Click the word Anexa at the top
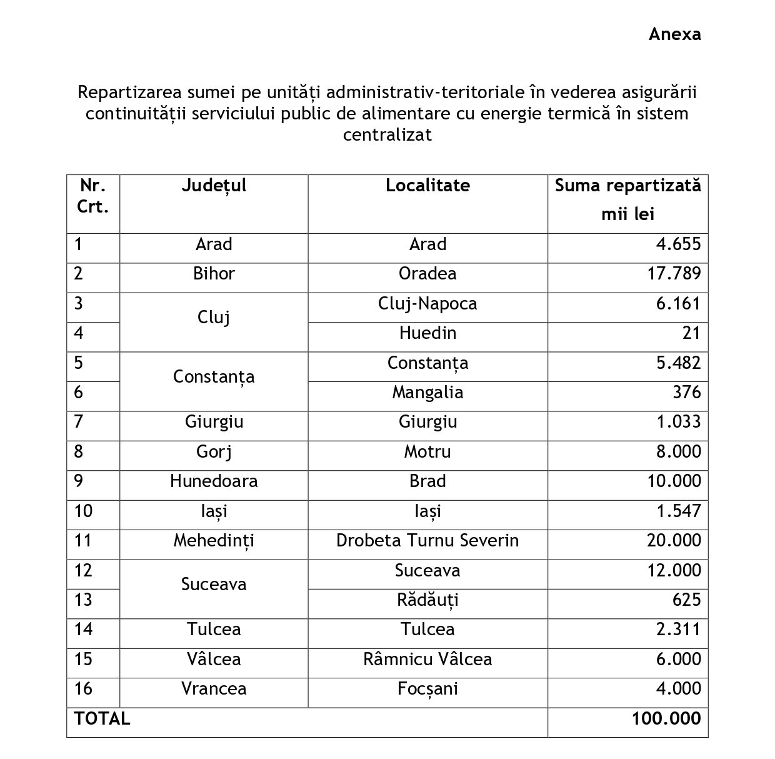click(x=674, y=34)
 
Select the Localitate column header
click(x=427, y=186)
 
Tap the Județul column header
click(x=214, y=186)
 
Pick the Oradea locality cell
click(x=427, y=274)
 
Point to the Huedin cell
click(x=427, y=333)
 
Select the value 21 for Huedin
click(x=691, y=333)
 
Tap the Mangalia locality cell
click(x=427, y=393)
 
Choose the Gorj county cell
click(x=214, y=452)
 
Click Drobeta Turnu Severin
click(x=427, y=541)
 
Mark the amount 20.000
click(x=674, y=541)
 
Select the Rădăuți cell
click(x=427, y=600)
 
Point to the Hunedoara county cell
click(x=214, y=481)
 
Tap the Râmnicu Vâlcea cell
click(x=427, y=660)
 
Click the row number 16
click(x=83, y=689)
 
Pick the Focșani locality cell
click(x=427, y=689)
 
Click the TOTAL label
click(x=102, y=719)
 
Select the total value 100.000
click(x=666, y=719)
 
